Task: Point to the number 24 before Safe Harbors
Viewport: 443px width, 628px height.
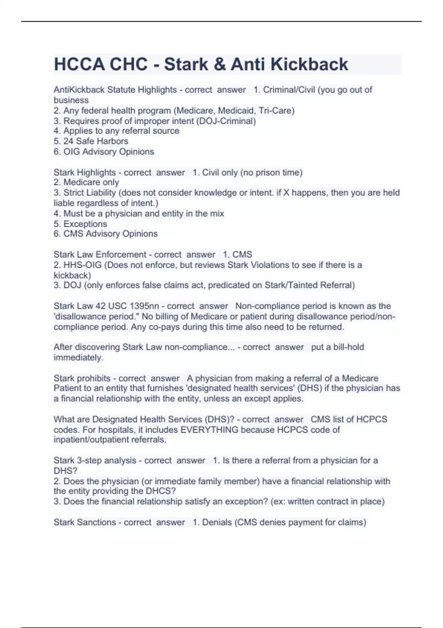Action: click(x=68, y=141)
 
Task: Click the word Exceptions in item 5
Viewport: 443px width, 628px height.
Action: click(x=85, y=224)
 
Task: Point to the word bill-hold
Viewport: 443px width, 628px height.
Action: click(x=348, y=347)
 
